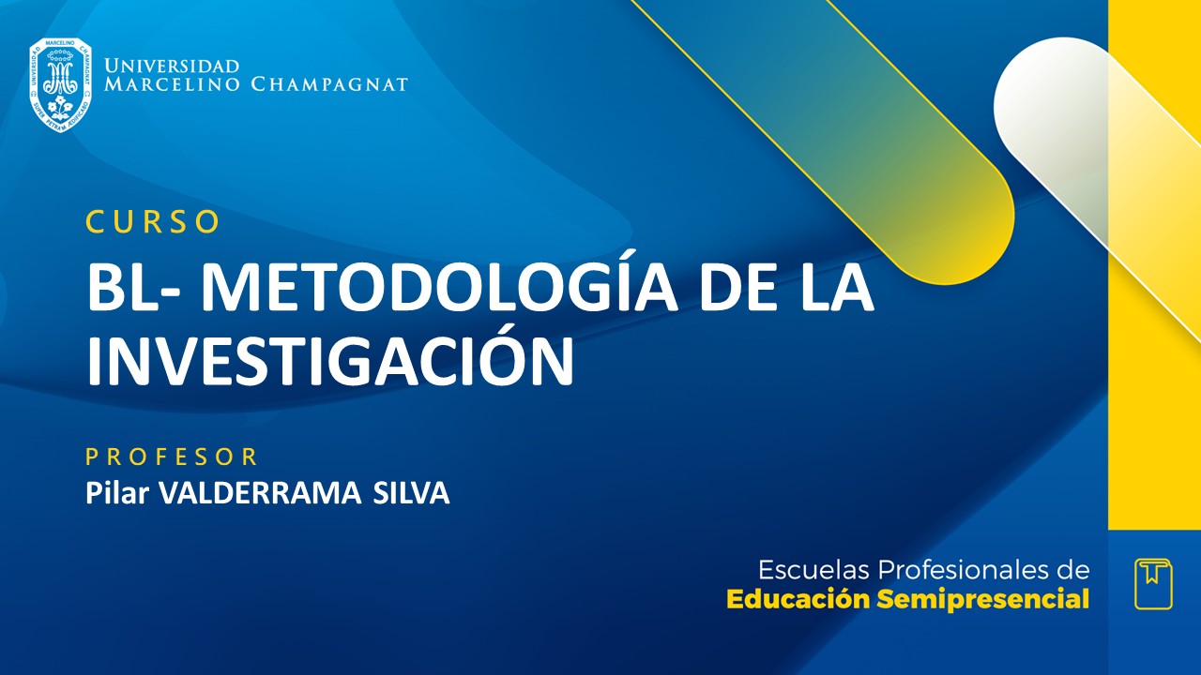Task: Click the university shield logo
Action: click(x=60, y=84)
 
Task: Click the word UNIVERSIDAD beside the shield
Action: click(x=172, y=67)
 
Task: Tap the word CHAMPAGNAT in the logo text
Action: click(x=329, y=84)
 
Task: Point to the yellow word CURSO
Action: click(x=153, y=221)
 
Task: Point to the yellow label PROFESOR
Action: click(x=172, y=457)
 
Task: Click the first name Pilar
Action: click(x=117, y=493)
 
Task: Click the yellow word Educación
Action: click(x=798, y=600)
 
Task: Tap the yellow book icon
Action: click(x=1153, y=583)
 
